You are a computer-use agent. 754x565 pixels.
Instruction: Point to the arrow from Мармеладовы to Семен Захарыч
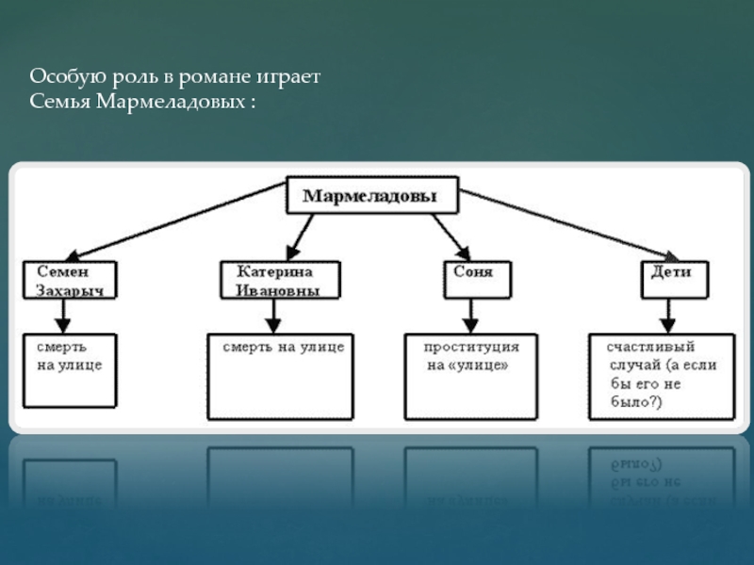coord(176,221)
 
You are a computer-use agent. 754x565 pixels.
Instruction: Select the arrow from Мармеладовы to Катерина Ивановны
coord(300,237)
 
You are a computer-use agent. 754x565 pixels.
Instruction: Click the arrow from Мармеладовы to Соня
coord(451,237)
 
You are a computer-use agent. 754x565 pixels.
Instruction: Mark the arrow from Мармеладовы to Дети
coord(569,225)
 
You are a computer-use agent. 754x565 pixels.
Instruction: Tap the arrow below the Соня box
coord(470,316)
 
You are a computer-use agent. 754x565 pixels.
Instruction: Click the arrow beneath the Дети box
coord(667,316)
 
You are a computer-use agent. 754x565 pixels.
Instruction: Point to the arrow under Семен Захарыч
coord(63,316)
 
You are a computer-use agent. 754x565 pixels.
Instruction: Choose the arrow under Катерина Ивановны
coord(273,316)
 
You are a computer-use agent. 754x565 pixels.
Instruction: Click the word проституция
coord(471,347)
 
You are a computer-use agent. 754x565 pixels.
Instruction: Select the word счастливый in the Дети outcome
coord(650,347)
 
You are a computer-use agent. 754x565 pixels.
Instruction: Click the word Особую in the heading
coord(68,77)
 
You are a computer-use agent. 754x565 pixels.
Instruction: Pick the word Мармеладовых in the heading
coord(171,102)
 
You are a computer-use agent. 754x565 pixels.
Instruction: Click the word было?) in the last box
coord(636,402)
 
